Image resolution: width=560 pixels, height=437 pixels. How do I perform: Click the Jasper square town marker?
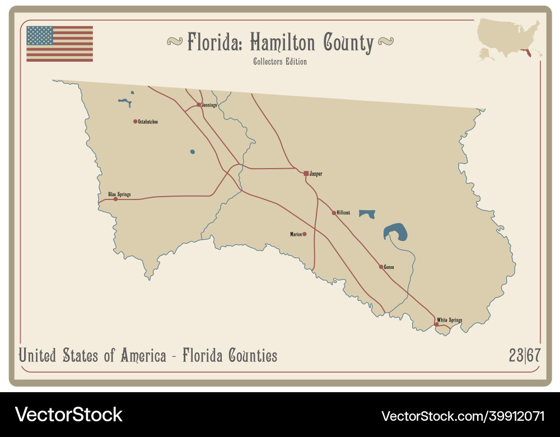coord(306,174)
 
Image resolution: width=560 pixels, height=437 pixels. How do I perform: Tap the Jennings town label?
coord(209,105)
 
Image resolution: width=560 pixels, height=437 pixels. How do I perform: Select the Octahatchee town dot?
coord(135,121)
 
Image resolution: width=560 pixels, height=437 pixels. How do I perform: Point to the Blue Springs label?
coord(119,194)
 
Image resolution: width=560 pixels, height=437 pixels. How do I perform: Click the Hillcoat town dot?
coord(334,213)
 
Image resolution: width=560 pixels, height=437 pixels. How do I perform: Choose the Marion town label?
coord(296,234)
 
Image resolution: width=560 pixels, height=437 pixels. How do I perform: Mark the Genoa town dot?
coord(381,267)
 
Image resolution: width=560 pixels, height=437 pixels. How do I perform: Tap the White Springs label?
coord(449,320)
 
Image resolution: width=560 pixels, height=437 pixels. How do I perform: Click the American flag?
coord(59,44)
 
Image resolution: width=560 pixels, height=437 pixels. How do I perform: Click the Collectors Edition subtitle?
coord(279,62)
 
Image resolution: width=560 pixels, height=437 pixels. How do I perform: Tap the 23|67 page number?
coord(524,355)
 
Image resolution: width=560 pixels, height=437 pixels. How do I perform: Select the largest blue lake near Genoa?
coord(396,232)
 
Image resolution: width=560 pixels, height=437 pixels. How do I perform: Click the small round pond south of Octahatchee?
coord(193,151)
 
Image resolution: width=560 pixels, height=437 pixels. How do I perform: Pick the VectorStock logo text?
coord(69,415)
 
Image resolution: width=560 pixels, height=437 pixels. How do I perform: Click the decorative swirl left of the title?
coord(175,41)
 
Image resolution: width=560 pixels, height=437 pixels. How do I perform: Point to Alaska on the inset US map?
coord(484,53)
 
